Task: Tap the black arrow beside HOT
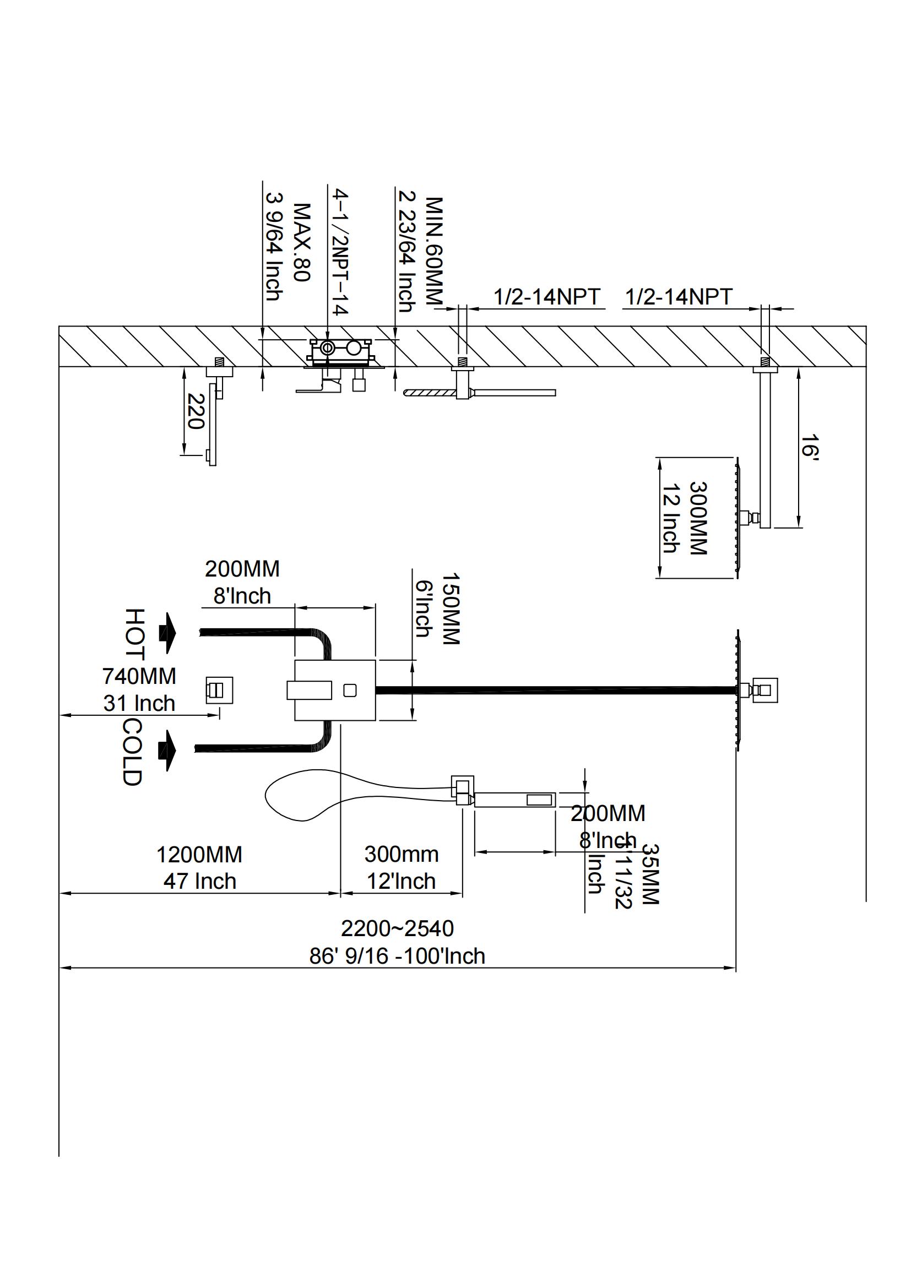[168, 633]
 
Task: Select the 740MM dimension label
[139, 676]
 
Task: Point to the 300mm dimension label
[401, 854]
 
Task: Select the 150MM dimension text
[451, 608]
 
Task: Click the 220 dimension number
[195, 411]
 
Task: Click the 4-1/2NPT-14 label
[340, 252]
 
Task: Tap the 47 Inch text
[200, 881]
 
